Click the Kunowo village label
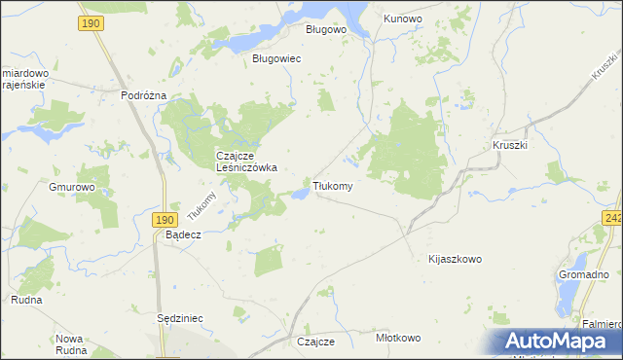point(402,18)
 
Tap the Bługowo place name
point(326,29)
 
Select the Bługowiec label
point(276,59)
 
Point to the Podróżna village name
point(144,95)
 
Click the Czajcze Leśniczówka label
point(245,162)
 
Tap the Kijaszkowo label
point(455,260)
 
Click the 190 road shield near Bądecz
point(164,221)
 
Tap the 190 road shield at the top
point(92,21)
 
